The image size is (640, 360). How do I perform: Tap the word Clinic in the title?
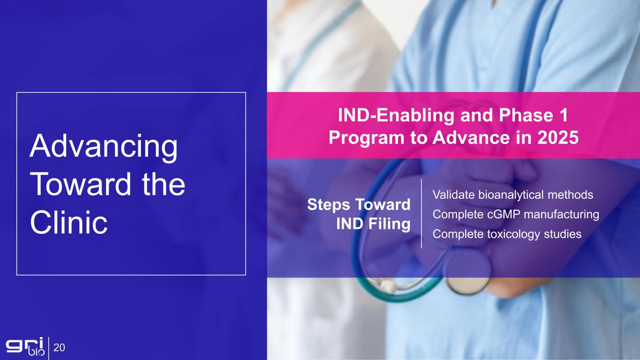coord(68,222)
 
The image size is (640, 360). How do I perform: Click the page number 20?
coord(59,347)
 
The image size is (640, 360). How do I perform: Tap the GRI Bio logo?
coord(25,346)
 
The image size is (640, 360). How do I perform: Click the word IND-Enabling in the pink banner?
coord(396,115)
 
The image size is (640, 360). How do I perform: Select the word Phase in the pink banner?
coord(526,115)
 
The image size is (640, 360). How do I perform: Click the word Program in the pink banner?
coord(367,138)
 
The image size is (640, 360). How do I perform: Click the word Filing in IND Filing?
coord(390,224)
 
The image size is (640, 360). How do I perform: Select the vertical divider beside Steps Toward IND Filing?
coord(422,213)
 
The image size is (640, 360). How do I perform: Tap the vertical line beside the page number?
coord(49,348)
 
